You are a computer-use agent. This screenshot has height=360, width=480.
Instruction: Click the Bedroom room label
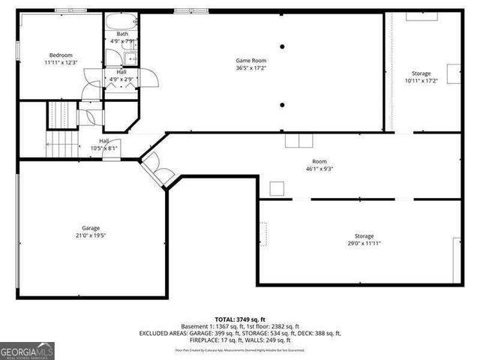[61, 55]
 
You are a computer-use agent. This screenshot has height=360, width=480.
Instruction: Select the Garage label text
[91, 228]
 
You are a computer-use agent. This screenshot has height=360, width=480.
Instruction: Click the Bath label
[121, 34]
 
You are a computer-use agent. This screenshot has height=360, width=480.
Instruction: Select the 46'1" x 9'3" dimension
[320, 169]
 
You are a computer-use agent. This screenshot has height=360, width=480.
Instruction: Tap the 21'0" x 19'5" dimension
[91, 235]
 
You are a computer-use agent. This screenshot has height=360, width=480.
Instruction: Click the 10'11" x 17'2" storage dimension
[421, 81]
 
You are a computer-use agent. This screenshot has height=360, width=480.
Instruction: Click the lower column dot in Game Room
[283, 104]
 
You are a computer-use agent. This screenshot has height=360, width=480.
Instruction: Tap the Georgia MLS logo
[27, 350]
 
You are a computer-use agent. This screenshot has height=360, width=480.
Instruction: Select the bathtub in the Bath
[121, 20]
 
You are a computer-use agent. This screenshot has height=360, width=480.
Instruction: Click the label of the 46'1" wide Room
[320, 161]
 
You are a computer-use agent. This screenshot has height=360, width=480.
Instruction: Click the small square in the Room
[277, 188]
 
